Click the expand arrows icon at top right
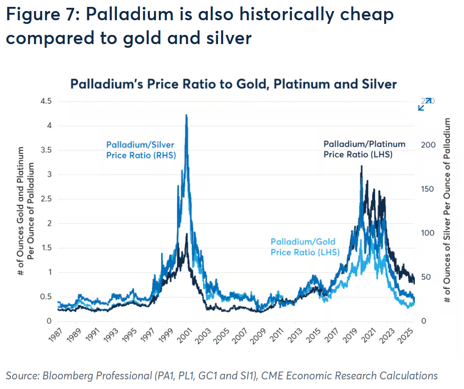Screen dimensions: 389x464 [x=425, y=104]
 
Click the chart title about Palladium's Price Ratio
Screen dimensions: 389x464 [x=233, y=85]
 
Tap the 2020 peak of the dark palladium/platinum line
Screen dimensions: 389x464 [x=362, y=167]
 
